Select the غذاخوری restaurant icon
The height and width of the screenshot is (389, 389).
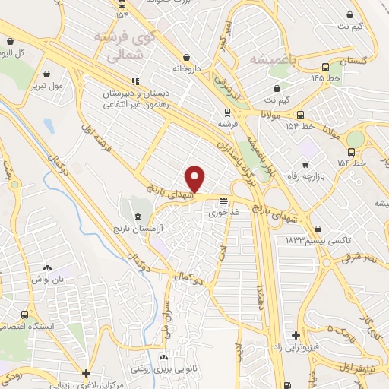223,202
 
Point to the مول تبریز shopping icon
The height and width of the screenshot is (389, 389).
49,74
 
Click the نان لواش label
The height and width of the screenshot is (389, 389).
47,280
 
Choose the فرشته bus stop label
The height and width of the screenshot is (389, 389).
228,122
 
